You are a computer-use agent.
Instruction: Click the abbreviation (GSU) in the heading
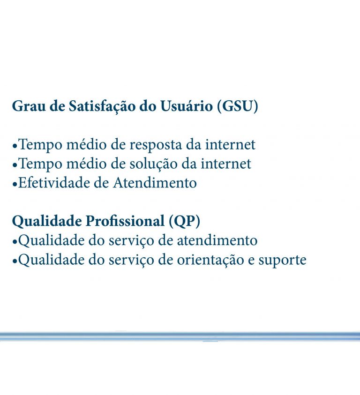(x=238, y=106)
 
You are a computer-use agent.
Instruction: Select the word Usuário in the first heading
(x=187, y=106)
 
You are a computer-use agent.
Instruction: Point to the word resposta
(x=155, y=145)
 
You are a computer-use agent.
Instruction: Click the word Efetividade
(x=54, y=182)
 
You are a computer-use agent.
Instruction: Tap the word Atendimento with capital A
(x=155, y=182)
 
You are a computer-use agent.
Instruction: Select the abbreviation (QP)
(x=184, y=221)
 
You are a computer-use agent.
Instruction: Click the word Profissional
(x=125, y=221)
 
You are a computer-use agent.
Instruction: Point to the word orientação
(x=210, y=260)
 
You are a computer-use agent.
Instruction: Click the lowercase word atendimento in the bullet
(x=217, y=240)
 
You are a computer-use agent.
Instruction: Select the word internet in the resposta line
(x=230, y=145)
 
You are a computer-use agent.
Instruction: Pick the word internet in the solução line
(x=226, y=164)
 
